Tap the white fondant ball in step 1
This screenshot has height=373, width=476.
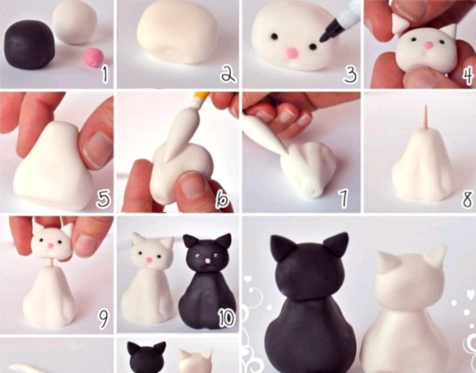75,23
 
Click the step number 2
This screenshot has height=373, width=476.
227,75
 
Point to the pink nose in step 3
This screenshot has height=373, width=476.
292,54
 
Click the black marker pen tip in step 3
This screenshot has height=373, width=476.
324,39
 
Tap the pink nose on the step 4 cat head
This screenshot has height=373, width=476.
427,45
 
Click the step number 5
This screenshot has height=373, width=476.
103,200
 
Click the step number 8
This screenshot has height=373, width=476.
467,200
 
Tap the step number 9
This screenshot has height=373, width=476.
103,320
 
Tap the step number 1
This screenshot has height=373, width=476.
104,75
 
